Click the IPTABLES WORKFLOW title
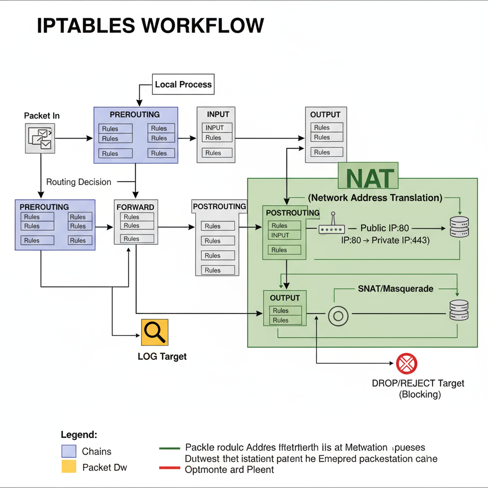pos(150,26)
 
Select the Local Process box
pos(183,84)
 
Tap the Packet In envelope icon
pos(41,138)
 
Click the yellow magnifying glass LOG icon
pos(155,332)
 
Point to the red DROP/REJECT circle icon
pos(407,364)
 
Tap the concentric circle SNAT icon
pos(338,315)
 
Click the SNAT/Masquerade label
pos(396,289)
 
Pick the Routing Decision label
pos(79,182)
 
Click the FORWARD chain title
pos(135,207)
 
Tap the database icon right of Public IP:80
pos(459,227)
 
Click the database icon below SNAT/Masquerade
pos(459,310)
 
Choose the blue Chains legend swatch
pos(69,451)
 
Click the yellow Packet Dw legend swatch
pos(69,467)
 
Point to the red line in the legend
pos(169,468)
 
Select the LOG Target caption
pos(162,356)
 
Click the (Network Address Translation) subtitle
pos(375,197)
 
